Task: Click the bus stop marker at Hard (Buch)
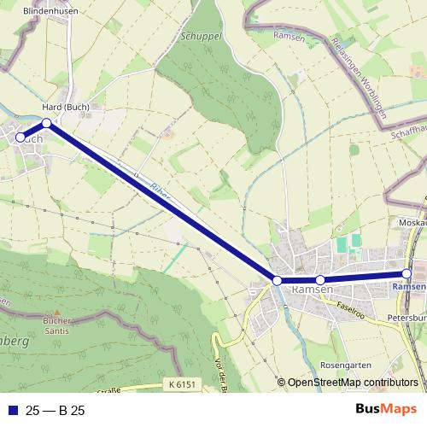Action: pyautogui.click(x=47, y=124)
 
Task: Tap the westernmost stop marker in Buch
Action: pyautogui.click(x=20, y=137)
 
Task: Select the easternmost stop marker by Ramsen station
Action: pyautogui.click(x=407, y=273)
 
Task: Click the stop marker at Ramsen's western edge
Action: pyautogui.click(x=277, y=280)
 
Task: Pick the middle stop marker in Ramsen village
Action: pyautogui.click(x=320, y=280)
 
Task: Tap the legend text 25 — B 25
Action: pyautogui.click(x=56, y=410)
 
